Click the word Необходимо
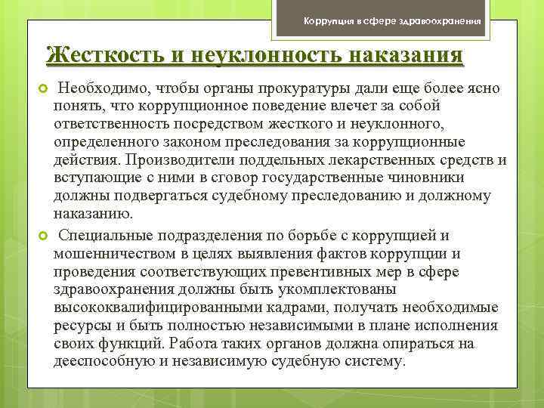click(99, 88)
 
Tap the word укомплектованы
click(293, 289)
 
